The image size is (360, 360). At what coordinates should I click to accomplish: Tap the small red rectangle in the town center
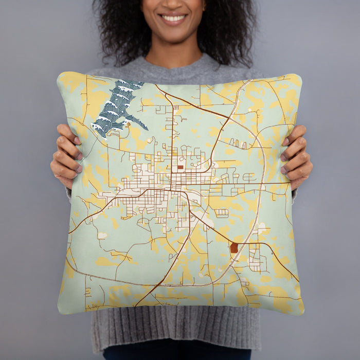[x=180, y=167]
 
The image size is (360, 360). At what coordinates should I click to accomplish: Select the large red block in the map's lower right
[x=234, y=248]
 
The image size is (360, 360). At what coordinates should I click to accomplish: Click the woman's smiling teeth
[x=174, y=19]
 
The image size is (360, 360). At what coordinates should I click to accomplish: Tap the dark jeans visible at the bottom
[x=175, y=354]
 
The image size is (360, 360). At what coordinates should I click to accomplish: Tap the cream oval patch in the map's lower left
[x=102, y=235]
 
